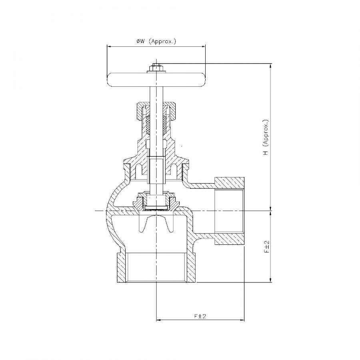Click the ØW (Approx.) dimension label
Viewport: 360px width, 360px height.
click(156, 41)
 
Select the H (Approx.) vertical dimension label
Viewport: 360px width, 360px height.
click(266, 137)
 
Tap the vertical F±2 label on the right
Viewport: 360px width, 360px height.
click(266, 247)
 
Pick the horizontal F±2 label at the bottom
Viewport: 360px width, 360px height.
click(200, 316)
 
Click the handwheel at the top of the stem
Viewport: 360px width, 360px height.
click(156, 80)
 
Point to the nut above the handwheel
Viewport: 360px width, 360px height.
click(156, 68)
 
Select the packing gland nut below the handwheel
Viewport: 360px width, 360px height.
click(156, 111)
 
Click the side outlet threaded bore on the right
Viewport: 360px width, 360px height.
click(229, 211)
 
